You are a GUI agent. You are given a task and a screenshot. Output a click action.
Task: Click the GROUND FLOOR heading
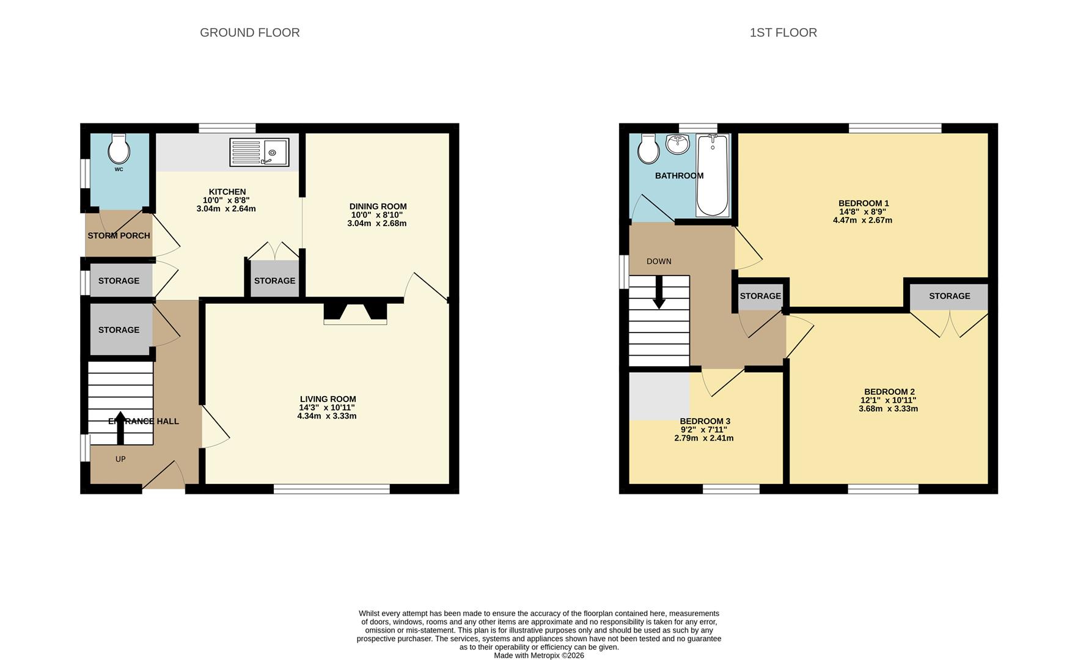point(249,32)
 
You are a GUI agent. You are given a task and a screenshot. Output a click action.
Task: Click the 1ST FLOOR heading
point(783,32)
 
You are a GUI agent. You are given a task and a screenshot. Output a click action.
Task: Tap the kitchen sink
point(259,152)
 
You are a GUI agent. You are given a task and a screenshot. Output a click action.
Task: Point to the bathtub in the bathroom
point(712,175)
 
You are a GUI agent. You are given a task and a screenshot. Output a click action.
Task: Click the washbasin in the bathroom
point(677,144)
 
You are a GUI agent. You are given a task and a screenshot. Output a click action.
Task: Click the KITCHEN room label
point(227,192)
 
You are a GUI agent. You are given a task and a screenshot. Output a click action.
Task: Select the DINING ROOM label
point(378,207)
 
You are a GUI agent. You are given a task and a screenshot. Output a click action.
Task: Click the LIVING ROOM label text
point(328,399)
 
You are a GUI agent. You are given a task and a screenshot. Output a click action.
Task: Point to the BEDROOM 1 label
point(863,204)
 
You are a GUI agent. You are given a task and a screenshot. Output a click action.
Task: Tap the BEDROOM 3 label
point(705,421)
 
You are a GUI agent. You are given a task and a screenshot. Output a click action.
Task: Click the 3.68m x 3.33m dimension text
point(888,409)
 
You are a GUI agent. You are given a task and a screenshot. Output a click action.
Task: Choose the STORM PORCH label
point(119,235)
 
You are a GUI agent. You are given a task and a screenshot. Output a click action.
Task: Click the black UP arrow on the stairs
point(120,428)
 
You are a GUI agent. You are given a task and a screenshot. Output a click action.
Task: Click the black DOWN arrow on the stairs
point(659,292)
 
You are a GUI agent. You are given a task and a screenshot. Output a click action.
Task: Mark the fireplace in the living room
point(355,312)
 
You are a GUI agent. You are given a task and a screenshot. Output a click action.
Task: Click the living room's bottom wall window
point(331,489)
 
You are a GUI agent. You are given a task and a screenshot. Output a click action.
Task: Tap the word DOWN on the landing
point(659,262)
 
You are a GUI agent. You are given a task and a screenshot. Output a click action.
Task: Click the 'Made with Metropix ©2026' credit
point(538,655)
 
